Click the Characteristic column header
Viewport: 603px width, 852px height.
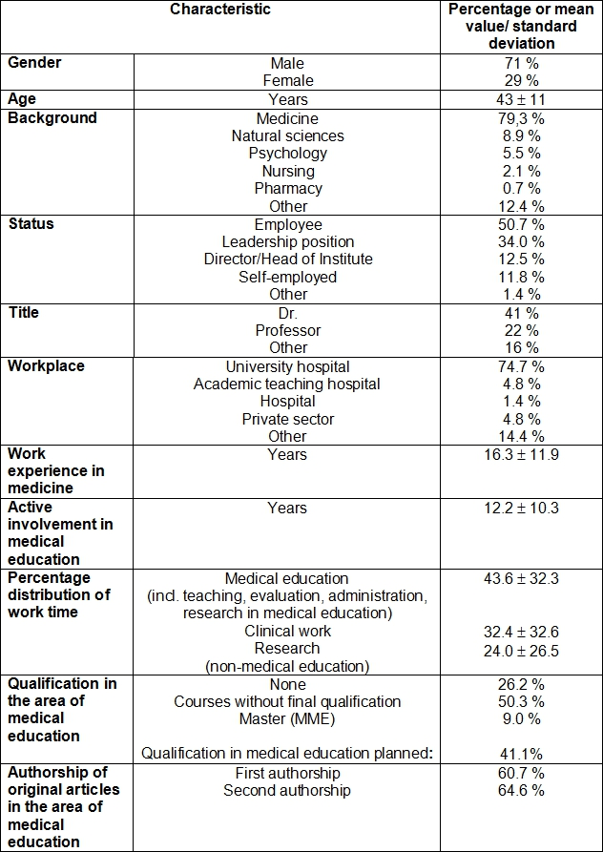pos(220,10)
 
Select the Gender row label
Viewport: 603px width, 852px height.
pos(34,62)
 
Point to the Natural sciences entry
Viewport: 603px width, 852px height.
pos(288,135)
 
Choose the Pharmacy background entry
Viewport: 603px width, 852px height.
pos(288,189)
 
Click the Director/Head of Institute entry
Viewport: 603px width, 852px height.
pos(288,259)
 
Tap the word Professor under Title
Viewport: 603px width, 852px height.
pos(288,330)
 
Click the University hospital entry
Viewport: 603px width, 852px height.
pos(288,366)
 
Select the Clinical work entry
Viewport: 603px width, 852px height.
pos(288,631)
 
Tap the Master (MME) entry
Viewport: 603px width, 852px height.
pos(288,718)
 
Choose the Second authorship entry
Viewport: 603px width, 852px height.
pos(288,790)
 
